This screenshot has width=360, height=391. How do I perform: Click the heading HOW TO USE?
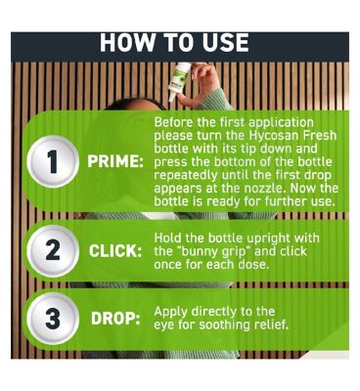(174, 42)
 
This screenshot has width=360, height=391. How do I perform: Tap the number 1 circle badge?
(53, 161)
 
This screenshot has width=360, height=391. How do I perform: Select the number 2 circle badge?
(53, 251)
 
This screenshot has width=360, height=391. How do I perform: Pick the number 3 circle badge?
(53, 318)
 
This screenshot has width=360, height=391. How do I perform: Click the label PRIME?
(115, 162)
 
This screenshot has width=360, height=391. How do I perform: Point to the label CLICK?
(115, 251)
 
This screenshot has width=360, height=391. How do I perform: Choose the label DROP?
(115, 319)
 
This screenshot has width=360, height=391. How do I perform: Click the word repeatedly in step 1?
(186, 176)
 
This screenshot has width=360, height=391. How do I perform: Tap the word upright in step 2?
(269, 239)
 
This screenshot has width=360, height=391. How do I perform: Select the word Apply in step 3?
(171, 312)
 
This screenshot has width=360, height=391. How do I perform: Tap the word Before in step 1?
(173, 122)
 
